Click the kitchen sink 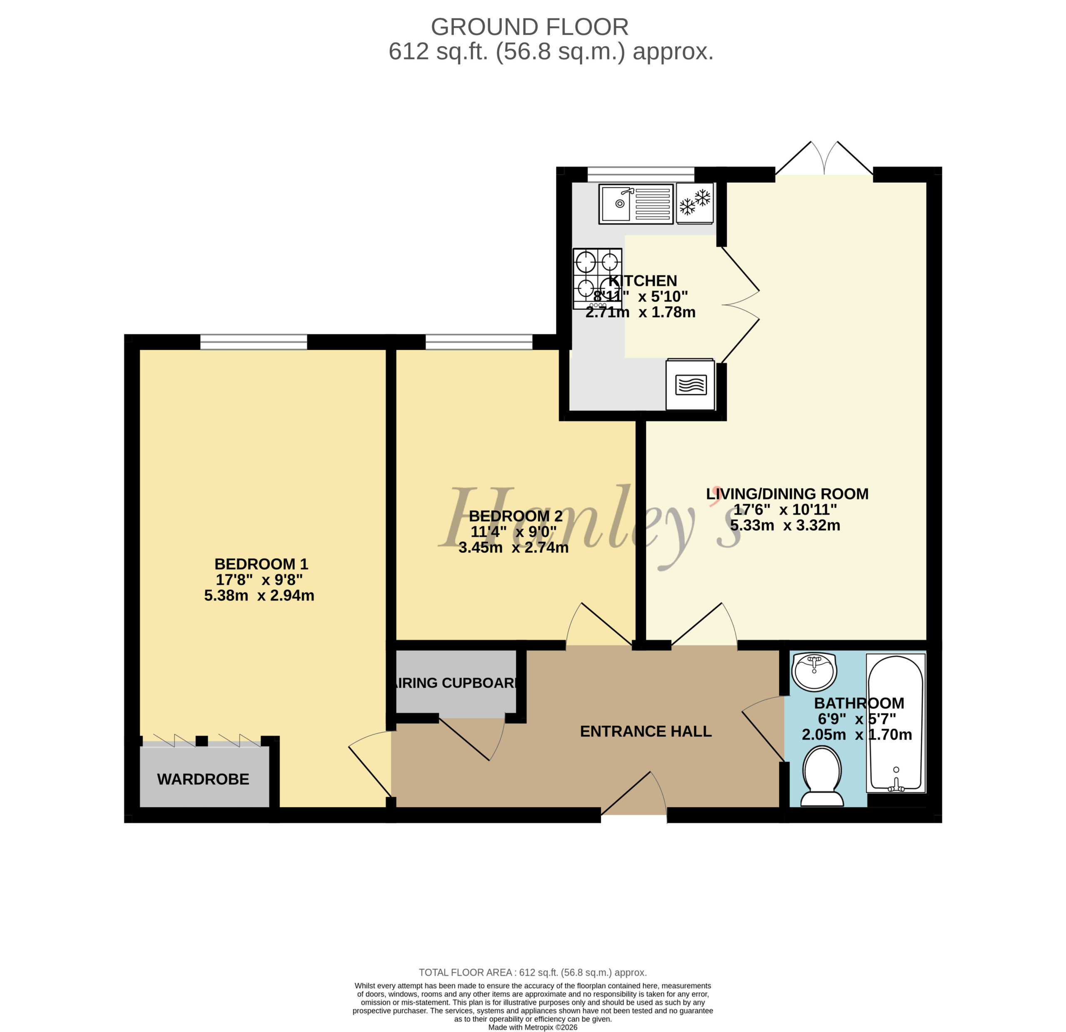(x=636, y=204)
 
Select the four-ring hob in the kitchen (x=597, y=279)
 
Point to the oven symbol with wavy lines (x=690, y=384)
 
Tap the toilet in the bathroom (x=822, y=776)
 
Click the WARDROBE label (x=203, y=779)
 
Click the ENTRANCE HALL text (x=645, y=731)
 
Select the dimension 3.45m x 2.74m (x=513, y=547)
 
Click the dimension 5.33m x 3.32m (x=785, y=525)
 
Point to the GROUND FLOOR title (x=530, y=27)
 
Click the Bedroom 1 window (x=254, y=342)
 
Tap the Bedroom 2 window (x=478, y=342)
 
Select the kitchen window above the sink (x=641, y=174)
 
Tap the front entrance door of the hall (x=634, y=793)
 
